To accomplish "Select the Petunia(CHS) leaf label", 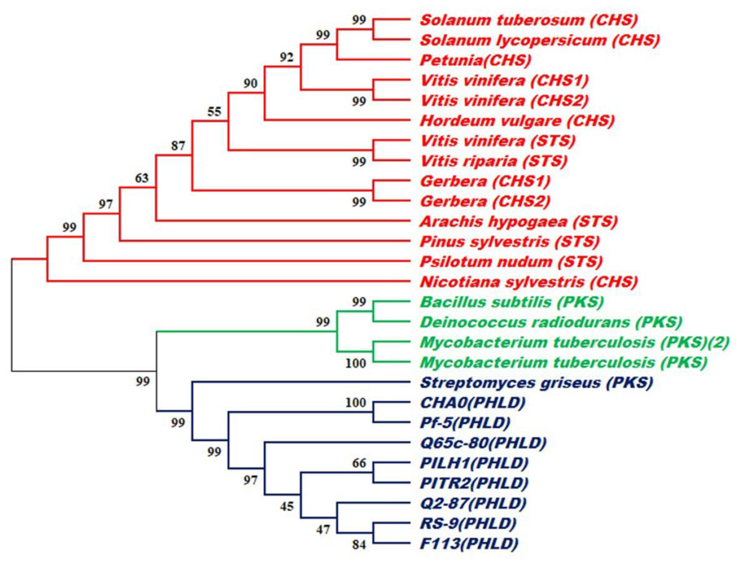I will click(x=476, y=60).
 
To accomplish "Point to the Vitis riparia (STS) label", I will click(x=493, y=161).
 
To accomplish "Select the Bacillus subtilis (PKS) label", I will click(x=512, y=302).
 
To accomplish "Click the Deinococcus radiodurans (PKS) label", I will click(x=551, y=322).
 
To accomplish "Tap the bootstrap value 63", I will click(x=142, y=178).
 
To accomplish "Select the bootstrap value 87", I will click(x=178, y=146).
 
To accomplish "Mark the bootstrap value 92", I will click(x=287, y=58).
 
